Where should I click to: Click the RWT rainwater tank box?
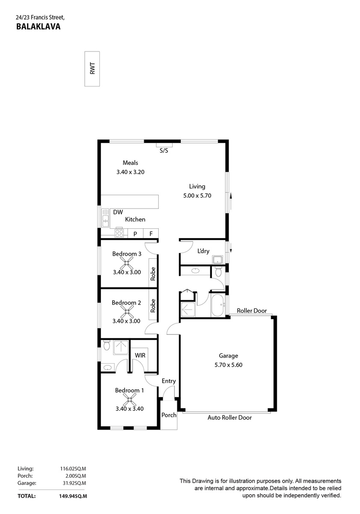(x=92, y=69)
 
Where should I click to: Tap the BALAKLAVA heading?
(x=38, y=27)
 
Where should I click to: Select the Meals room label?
(x=130, y=163)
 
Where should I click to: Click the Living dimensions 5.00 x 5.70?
(x=197, y=195)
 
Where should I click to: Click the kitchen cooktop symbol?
(x=119, y=233)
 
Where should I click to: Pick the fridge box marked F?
(x=151, y=234)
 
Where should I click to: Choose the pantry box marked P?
(x=135, y=234)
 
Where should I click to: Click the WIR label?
(x=140, y=356)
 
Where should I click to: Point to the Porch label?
(x=169, y=415)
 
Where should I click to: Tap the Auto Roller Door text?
(x=229, y=418)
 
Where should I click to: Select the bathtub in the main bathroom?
(x=217, y=305)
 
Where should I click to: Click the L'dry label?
(x=203, y=251)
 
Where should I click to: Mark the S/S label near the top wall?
(x=164, y=151)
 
